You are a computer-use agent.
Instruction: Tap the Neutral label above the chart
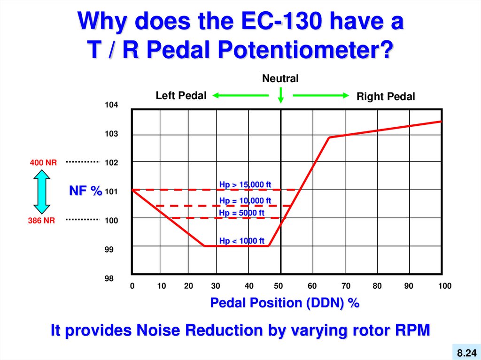click(280, 78)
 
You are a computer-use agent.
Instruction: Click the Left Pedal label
click(181, 96)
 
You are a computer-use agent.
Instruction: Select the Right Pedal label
click(386, 97)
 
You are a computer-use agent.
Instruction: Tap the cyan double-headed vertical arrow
click(42, 191)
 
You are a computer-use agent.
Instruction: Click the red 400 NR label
click(43, 163)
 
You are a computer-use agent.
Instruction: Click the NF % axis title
click(85, 191)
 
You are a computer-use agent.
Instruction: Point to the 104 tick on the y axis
click(111, 105)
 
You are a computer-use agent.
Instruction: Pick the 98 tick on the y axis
click(109, 279)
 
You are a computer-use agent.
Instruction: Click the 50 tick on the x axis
click(279, 286)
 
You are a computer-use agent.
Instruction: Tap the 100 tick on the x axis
click(444, 286)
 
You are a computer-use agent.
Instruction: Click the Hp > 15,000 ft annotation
click(245, 184)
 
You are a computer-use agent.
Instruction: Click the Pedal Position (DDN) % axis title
click(285, 303)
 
